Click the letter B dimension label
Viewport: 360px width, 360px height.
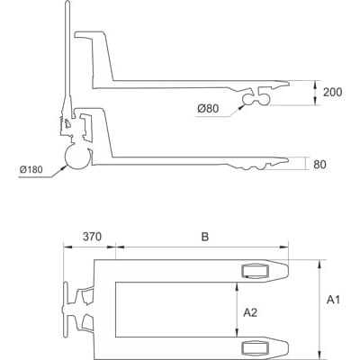(x=204, y=238)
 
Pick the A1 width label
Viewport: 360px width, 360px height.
(x=334, y=298)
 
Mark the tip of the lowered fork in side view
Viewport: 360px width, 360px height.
(x=286, y=162)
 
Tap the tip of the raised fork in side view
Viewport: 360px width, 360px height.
(x=286, y=82)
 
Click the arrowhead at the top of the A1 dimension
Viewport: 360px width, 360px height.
(x=319, y=263)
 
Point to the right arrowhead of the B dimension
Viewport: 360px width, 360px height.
(x=289, y=246)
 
